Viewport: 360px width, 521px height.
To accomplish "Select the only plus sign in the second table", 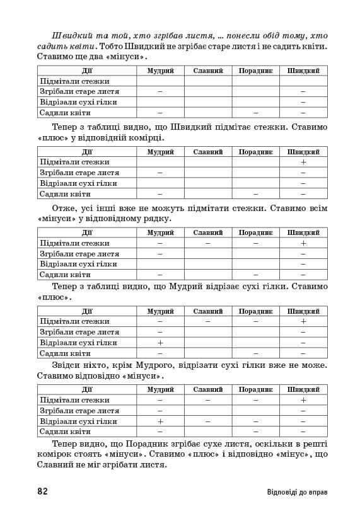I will click(x=303, y=162).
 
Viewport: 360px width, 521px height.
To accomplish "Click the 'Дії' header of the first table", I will click(x=87, y=71).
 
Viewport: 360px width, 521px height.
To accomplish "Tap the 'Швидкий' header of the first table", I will click(x=303, y=71).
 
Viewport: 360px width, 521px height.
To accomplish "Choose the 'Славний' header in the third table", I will click(x=208, y=232).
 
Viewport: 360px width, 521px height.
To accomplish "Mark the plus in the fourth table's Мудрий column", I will click(x=160, y=343).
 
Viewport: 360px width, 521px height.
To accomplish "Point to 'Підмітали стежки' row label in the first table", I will click(x=74, y=81).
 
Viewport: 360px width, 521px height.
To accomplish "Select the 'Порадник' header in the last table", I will click(x=255, y=389).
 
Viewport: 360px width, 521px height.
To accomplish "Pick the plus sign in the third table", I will click(x=303, y=243).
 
